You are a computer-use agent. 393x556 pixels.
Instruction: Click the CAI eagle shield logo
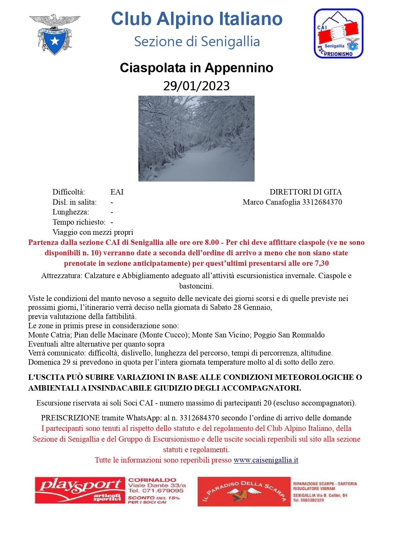[54, 34]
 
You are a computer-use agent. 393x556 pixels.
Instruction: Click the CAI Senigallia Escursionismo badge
[338, 34]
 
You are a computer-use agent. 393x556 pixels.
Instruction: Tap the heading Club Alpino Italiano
[197, 19]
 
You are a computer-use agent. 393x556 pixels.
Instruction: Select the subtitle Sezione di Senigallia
[197, 42]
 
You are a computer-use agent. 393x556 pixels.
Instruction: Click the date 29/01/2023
[196, 86]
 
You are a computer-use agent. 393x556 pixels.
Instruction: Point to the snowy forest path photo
[196, 138]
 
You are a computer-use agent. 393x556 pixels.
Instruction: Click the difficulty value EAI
[117, 192]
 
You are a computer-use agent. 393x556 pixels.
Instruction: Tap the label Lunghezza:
[71, 212]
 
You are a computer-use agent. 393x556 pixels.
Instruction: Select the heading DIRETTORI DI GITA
[305, 192]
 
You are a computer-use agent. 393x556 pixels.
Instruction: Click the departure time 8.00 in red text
[212, 242]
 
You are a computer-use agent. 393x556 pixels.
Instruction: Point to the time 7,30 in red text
[322, 263]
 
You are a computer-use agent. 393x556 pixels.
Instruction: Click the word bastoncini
[196, 286]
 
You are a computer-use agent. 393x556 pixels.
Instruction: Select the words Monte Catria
[49, 335]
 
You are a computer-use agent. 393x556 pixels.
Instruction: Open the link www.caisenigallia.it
[266, 460]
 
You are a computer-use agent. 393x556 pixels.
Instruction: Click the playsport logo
[80, 490]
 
